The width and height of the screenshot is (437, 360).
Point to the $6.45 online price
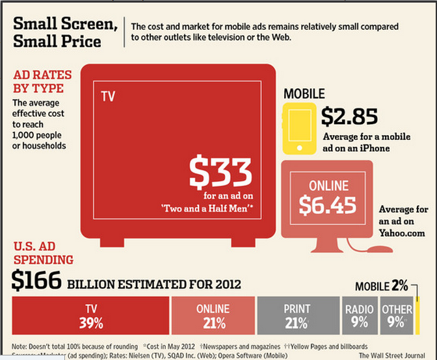(x=327, y=205)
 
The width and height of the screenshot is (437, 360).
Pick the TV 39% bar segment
(x=90, y=315)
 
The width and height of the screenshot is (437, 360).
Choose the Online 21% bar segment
(x=213, y=315)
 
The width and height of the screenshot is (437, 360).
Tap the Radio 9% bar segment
(x=359, y=315)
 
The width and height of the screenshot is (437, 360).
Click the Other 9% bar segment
(x=397, y=315)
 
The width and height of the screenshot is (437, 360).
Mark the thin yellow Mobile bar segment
(x=416, y=315)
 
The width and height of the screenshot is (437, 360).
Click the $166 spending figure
(x=37, y=281)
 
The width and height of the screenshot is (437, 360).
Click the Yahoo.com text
(x=403, y=233)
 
